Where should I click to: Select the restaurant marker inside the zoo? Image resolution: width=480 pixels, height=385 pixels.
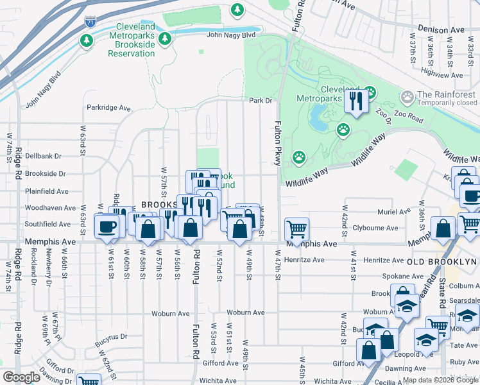coord(355,100)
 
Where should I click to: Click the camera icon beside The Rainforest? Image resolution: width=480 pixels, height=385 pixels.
coord(407,98)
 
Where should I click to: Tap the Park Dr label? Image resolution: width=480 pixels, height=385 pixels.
coord(261,101)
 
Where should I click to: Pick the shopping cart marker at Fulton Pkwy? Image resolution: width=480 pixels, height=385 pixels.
coord(296,228)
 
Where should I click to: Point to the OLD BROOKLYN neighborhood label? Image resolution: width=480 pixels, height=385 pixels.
coord(443,262)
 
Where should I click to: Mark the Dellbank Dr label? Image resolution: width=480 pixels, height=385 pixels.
coord(44,155)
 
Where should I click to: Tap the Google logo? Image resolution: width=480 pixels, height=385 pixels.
coord(22,377)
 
